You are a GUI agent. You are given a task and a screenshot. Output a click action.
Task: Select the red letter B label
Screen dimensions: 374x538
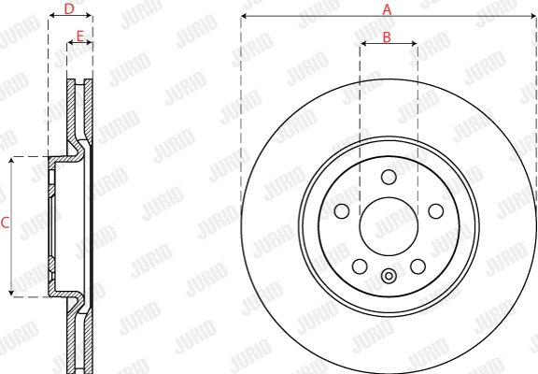[388, 37]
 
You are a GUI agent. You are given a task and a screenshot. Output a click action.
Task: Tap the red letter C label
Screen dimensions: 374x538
[5, 223]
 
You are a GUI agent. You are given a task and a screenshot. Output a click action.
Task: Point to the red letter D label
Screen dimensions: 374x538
[69, 9]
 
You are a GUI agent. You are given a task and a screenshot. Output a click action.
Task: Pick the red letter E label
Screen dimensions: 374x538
[79, 36]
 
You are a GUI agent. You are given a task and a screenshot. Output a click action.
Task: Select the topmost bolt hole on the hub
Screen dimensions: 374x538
[389, 178]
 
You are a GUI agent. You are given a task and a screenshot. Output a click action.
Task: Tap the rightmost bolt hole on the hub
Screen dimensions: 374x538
[433, 210]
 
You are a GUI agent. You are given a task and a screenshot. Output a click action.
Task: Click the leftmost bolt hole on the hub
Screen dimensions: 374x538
[344, 210]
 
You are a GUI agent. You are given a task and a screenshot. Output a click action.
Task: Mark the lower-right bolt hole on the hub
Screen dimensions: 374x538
[417, 266]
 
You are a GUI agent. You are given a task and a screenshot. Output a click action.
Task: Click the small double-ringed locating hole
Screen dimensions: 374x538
[389, 275]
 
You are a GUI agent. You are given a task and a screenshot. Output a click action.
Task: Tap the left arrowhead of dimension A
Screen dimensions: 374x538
[244, 18]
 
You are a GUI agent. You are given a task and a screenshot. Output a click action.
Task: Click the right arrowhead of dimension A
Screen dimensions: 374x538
[533, 18]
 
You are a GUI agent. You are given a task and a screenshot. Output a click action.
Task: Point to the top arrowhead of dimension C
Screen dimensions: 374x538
[12, 161]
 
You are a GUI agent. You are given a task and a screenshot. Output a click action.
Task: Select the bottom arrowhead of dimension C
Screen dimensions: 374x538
[12, 293]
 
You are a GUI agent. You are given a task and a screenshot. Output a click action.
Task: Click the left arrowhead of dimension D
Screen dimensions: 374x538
[51, 18]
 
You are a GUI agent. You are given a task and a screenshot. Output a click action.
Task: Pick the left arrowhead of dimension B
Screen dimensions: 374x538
[363, 45]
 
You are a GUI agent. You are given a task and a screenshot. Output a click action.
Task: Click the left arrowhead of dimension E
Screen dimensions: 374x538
[70, 44]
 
